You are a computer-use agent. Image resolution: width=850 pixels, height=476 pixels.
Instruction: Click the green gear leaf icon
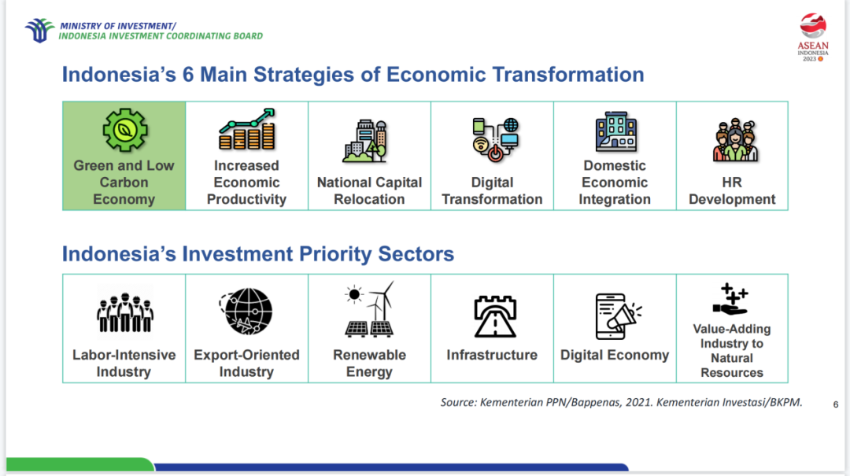pyautogui.click(x=124, y=130)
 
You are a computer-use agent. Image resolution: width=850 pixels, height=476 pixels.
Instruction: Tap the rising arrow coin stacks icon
pyautogui.click(x=247, y=129)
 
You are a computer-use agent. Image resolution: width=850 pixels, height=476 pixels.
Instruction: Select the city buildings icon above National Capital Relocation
pyautogui.click(x=366, y=140)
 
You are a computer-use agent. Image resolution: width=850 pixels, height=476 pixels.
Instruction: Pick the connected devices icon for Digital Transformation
pyautogui.click(x=495, y=139)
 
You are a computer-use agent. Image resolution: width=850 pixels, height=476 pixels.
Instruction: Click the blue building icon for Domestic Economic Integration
pyautogui.click(x=616, y=131)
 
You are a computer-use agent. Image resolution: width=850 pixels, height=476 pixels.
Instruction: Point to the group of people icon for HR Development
pyautogui.click(x=735, y=140)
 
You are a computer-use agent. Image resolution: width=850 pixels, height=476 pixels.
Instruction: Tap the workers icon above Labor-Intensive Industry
pyautogui.click(x=124, y=312)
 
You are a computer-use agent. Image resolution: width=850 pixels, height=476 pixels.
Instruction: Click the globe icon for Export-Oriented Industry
pyautogui.click(x=246, y=312)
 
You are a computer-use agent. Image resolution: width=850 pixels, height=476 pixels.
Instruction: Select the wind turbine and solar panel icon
pyautogui.click(x=370, y=309)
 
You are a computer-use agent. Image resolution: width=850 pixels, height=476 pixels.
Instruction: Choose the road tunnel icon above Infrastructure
pyautogui.click(x=495, y=316)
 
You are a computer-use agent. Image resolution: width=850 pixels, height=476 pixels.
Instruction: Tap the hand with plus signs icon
pyautogui.click(x=730, y=299)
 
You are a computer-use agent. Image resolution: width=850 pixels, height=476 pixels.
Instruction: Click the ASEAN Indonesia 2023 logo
pyautogui.click(x=812, y=37)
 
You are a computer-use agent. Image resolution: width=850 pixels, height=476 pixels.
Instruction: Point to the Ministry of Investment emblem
pyautogui.click(x=39, y=30)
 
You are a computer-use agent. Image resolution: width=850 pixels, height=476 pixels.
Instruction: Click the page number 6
pyautogui.click(x=836, y=404)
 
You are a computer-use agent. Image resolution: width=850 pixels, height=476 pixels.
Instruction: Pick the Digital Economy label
pyautogui.click(x=615, y=355)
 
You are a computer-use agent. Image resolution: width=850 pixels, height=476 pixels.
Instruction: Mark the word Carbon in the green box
pyautogui.click(x=124, y=183)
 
